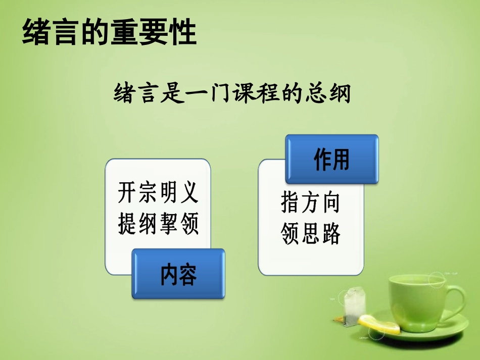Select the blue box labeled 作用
pos(331,160)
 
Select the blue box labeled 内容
pos(178,274)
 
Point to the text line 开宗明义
pos(158,192)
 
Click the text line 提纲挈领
pos(158,222)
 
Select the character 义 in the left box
pos(188,192)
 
